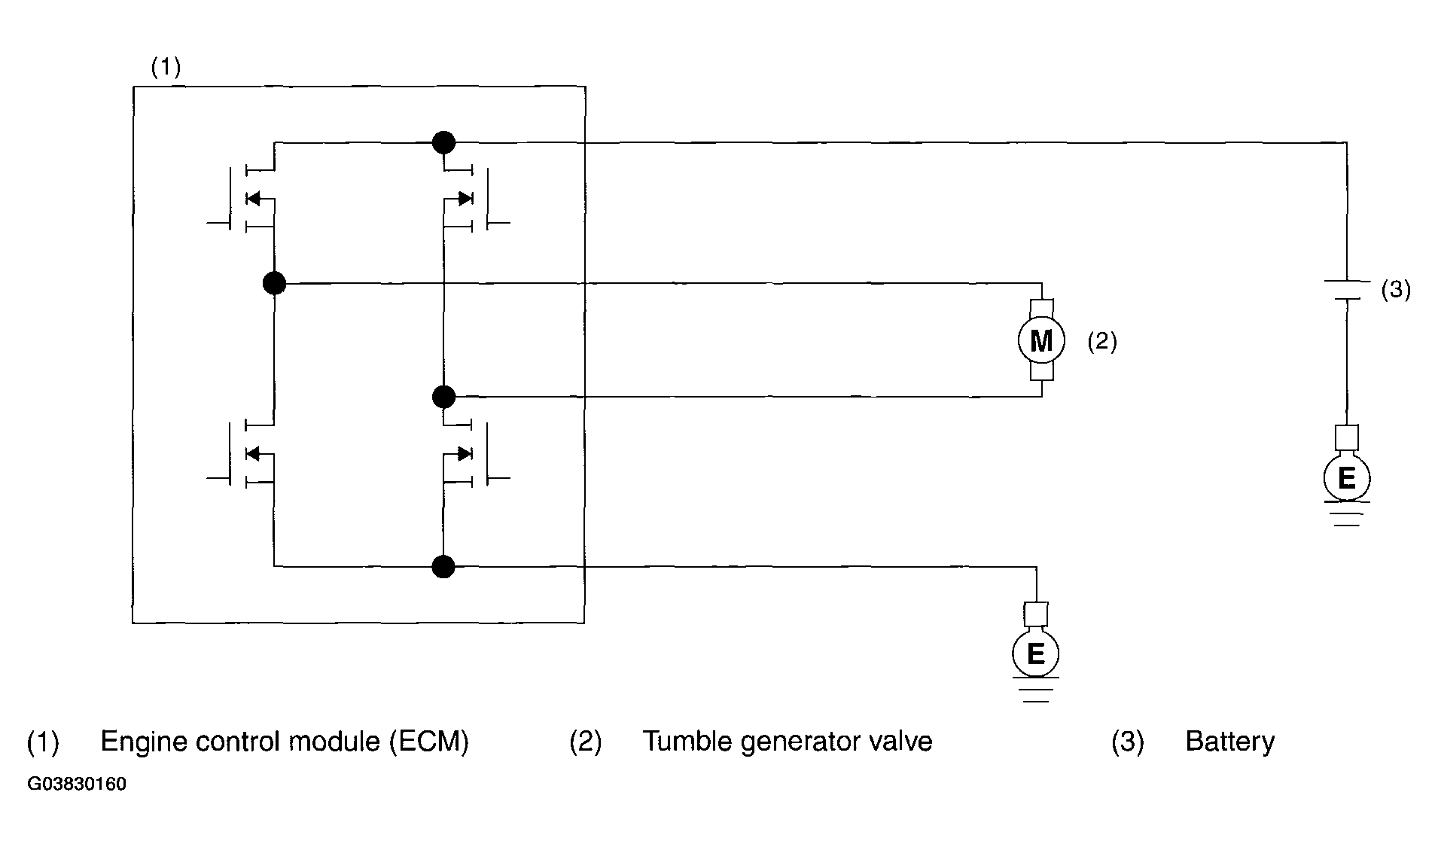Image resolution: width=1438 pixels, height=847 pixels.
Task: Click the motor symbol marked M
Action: [x=1041, y=341]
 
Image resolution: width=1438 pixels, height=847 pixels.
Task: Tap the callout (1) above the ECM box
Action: [x=166, y=68]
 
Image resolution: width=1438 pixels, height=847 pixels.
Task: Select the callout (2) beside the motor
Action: [x=1101, y=342]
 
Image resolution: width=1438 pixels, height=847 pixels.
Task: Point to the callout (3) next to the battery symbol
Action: [x=1395, y=290]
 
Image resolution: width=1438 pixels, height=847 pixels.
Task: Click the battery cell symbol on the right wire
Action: [x=1346, y=291]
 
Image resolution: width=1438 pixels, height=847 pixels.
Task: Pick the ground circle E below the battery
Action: [x=1346, y=478]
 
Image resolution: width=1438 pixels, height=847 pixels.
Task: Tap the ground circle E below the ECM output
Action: [x=1036, y=654]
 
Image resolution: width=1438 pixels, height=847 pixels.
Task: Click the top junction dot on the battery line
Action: [x=443, y=142]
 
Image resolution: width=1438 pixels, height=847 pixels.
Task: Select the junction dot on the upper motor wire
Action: [x=274, y=284]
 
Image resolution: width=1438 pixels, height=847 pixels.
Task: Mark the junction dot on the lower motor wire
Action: [x=444, y=396]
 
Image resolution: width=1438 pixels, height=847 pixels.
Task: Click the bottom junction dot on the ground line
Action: [x=443, y=566]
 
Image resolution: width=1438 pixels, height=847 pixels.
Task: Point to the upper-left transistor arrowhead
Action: [x=253, y=199]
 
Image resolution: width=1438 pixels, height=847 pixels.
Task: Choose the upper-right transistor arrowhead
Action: [x=465, y=199]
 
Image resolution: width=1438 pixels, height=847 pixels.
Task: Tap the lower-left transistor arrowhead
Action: [x=253, y=453]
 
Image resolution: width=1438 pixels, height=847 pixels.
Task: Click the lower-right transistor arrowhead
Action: [x=465, y=453]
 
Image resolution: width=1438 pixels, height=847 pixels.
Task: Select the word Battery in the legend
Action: [x=1229, y=742]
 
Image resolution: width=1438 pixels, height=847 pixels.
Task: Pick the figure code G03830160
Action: [x=77, y=785]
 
